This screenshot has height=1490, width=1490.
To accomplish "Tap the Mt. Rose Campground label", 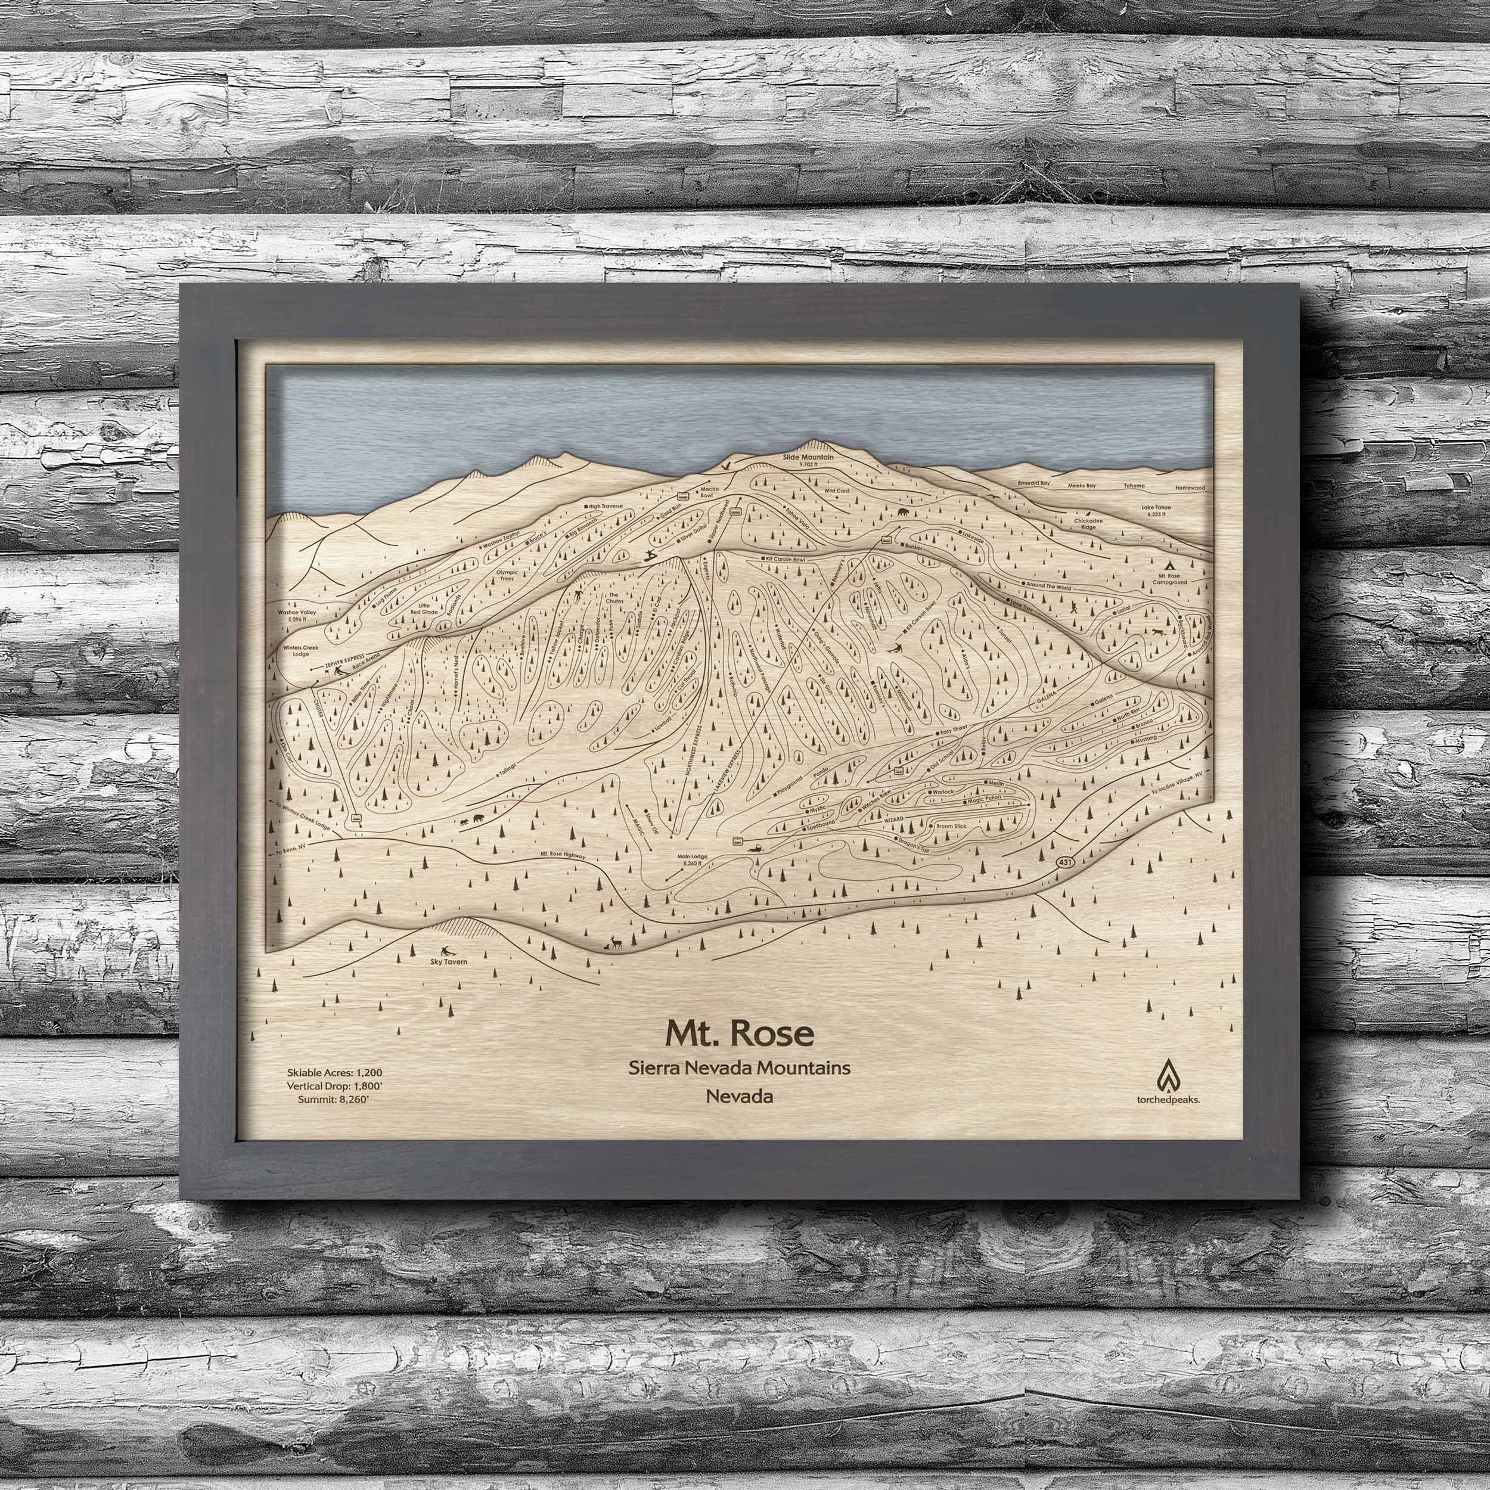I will click(x=1171, y=578).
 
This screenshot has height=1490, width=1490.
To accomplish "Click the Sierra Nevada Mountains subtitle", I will click(x=739, y=1068).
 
